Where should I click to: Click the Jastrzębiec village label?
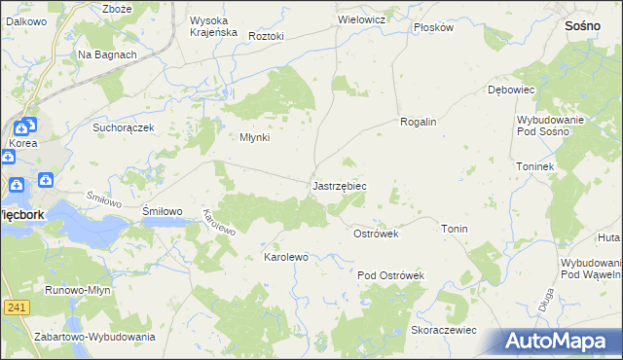[x=339, y=185]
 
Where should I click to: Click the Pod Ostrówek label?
[x=390, y=275]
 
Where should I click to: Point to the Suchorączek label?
[x=124, y=126]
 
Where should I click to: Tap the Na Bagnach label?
[x=107, y=54]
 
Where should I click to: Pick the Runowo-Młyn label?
[x=77, y=290]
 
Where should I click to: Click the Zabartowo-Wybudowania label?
[x=94, y=337]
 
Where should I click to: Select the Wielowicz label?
[x=362, y=18]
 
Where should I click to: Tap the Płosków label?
[x=433, y=27]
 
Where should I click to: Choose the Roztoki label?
[x=266, y=36]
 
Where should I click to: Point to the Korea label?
[x=22, y=143]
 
